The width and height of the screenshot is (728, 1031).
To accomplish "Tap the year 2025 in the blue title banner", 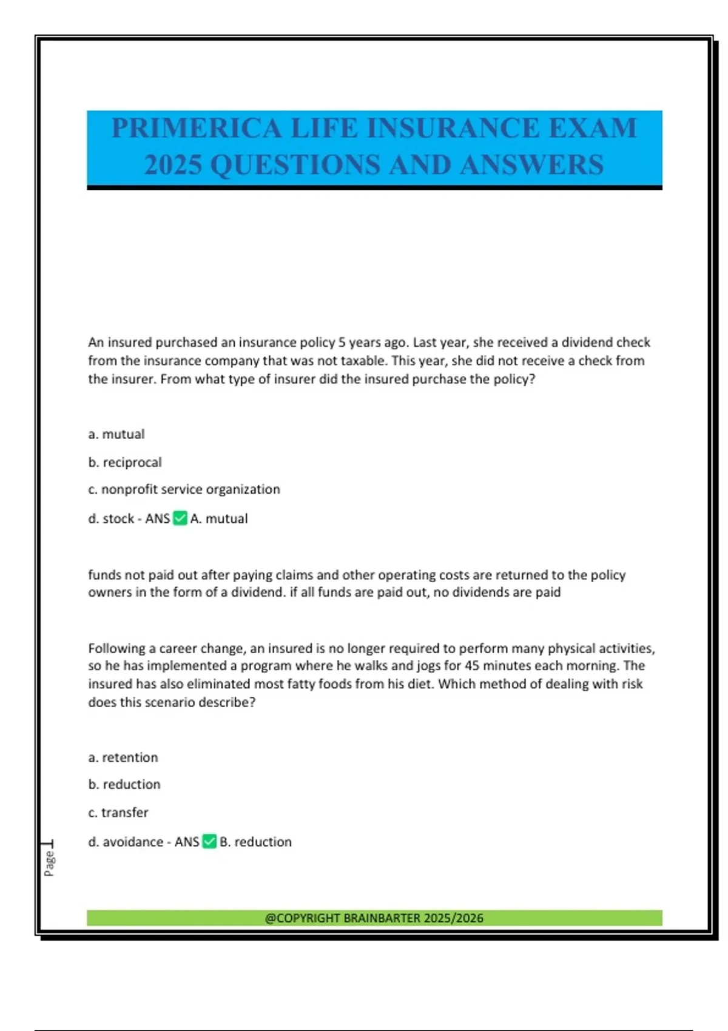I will (x=173, y=165).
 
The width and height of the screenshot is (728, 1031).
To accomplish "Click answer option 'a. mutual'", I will (x=116, y=434).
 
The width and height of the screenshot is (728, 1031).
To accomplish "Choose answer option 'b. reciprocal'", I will (x=125, y=462).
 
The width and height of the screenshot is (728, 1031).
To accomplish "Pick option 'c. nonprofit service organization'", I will (x=184, y=489).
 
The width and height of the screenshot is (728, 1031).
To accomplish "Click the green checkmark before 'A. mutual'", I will (x=180, y=519).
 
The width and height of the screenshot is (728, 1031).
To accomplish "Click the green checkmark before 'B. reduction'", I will (x=209, y=842).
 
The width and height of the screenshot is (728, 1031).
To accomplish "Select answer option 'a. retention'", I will (x=123, y=757).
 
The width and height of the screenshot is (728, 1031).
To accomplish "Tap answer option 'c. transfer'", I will (x=118, y=813).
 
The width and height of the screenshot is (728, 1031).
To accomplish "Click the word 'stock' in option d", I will (x=118, y=519).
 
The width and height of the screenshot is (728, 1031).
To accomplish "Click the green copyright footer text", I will (x=374, y=918).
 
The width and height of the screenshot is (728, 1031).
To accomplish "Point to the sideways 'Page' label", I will (x=49, y=863).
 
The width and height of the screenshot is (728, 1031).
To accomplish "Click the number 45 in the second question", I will (x=472, y=666).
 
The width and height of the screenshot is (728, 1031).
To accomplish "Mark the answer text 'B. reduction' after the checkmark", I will (x=255, y=842).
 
